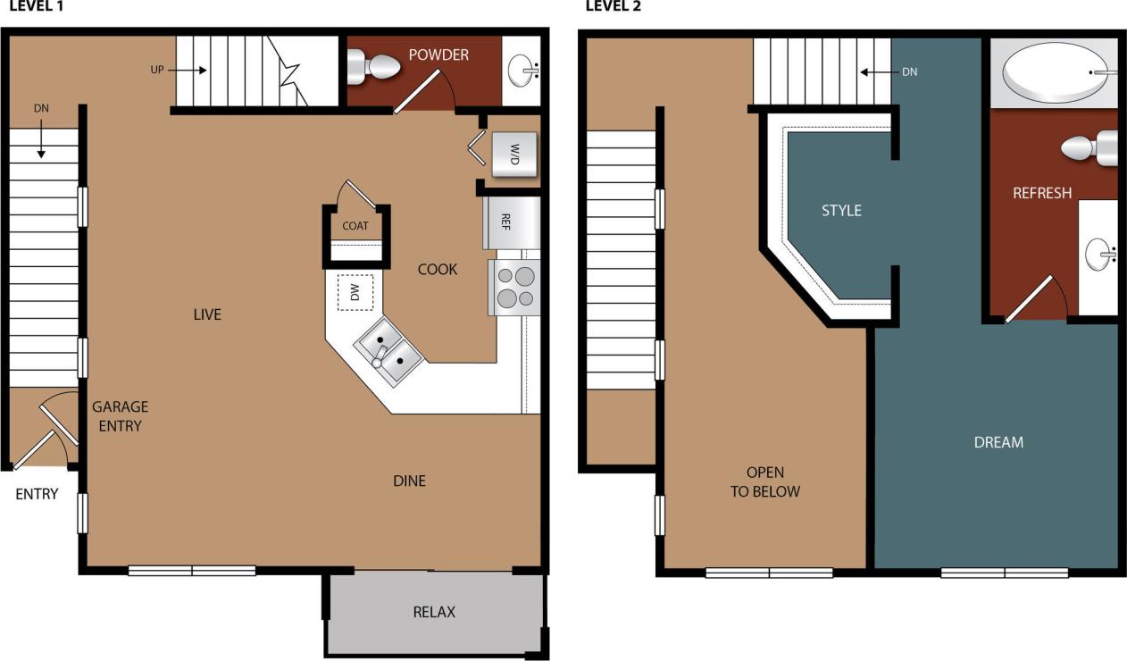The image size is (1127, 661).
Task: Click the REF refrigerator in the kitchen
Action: click(x=511, y=222)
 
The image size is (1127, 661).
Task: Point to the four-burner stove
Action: click(x=514, y=287)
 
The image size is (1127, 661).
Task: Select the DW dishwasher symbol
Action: click(x=355, y=291)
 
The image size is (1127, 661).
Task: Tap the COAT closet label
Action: click(x=355, y=226)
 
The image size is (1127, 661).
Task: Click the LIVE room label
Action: click(x=206, y=314)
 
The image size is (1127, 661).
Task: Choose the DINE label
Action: click(x=409, y=481)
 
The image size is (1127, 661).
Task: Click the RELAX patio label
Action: click(x=434, y=612)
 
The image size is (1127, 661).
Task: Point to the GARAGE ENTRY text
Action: click(x=120, y=416)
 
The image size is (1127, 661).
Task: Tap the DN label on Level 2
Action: click(x=909, y=71)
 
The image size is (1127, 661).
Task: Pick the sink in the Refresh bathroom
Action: click(x=1099, y=255)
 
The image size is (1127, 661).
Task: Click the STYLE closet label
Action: click(x=841, y=211)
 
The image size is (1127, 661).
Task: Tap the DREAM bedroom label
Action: click(x=998, y=442)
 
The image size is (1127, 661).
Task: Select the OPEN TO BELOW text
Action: click(x=764, y=481)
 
